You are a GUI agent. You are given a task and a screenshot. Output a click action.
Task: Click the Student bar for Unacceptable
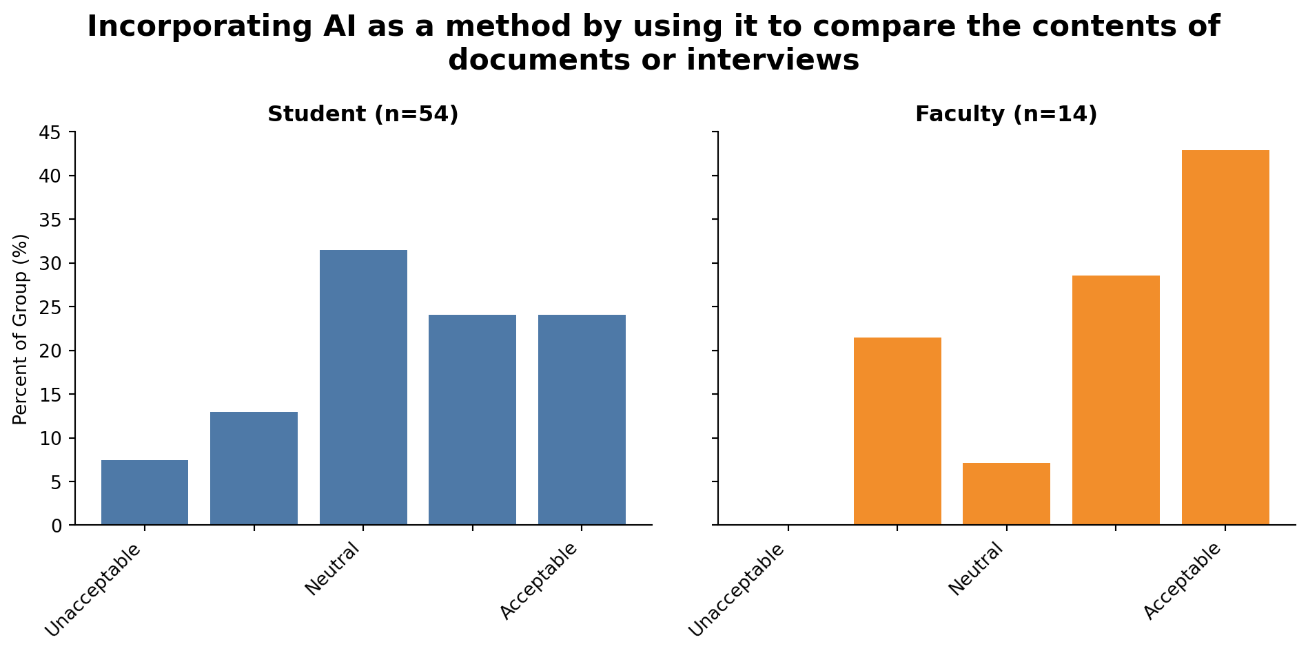point(145,493)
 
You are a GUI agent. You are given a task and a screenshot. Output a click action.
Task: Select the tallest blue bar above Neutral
point(363,387)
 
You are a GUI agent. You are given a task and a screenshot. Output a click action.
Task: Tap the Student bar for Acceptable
point(582,419)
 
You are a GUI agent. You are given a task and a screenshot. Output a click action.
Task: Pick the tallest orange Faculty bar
point(1225,338)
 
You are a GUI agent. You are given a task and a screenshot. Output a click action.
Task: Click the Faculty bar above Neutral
point(1006,494)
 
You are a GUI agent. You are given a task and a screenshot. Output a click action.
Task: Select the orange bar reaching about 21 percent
point(897,431)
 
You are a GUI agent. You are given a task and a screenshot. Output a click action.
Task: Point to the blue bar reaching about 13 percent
point(254,468)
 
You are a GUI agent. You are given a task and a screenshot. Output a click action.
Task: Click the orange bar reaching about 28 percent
point(1116,400)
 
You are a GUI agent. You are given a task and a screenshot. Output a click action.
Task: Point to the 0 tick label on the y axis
point(57,526)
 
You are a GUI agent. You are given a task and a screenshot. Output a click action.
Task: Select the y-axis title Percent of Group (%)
point(21,329)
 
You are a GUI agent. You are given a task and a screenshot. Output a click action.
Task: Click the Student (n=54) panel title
point(363,114)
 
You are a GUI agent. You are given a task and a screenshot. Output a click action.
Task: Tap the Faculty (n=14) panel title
point(1006,114)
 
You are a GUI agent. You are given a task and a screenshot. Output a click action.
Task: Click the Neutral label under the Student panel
point(333,569)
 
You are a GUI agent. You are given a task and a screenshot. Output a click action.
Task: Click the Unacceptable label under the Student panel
point(94,590)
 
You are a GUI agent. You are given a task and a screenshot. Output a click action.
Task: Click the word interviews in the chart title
point(773,60)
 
